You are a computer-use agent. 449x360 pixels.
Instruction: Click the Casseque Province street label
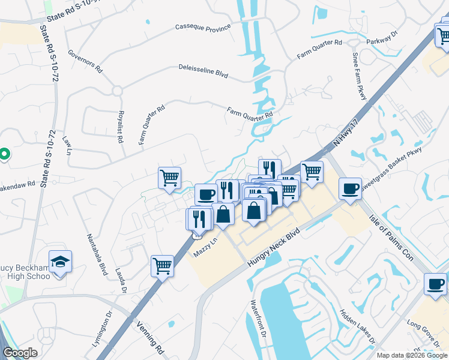point(203,28)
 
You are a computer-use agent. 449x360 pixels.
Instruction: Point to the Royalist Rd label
point(121,127)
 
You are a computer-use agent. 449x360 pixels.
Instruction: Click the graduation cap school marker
point(60,262)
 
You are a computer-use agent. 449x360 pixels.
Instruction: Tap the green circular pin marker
point(4,155)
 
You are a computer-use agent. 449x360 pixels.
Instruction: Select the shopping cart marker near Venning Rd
point(163,265)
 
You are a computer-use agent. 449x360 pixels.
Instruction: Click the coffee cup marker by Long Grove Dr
point(435,284)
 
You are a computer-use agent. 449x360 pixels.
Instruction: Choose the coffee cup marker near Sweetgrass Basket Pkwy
point(350,188)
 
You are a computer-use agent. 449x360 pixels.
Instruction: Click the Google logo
point(20,353)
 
